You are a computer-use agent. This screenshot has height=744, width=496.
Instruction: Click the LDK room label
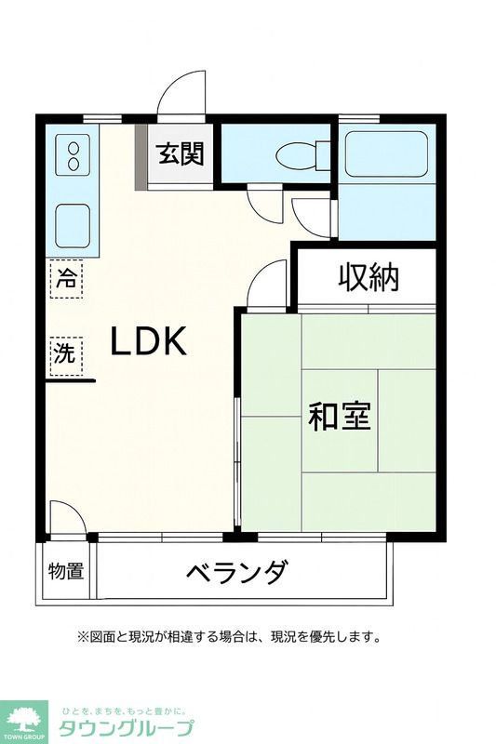(149, 341)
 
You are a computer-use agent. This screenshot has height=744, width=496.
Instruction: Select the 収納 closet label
(368, 276)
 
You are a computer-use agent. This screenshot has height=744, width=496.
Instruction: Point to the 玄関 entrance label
(180, 154)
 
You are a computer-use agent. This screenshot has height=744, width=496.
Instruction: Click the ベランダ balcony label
(235, 571)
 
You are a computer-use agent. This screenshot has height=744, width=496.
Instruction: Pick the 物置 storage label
(66, 571)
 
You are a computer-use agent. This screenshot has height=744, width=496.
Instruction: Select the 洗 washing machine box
(64, 352)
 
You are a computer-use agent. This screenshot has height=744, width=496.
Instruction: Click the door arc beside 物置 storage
(67, 516)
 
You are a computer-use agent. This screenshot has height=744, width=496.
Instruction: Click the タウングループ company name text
(127, 727)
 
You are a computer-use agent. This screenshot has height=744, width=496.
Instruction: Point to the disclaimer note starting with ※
(229, 637)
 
